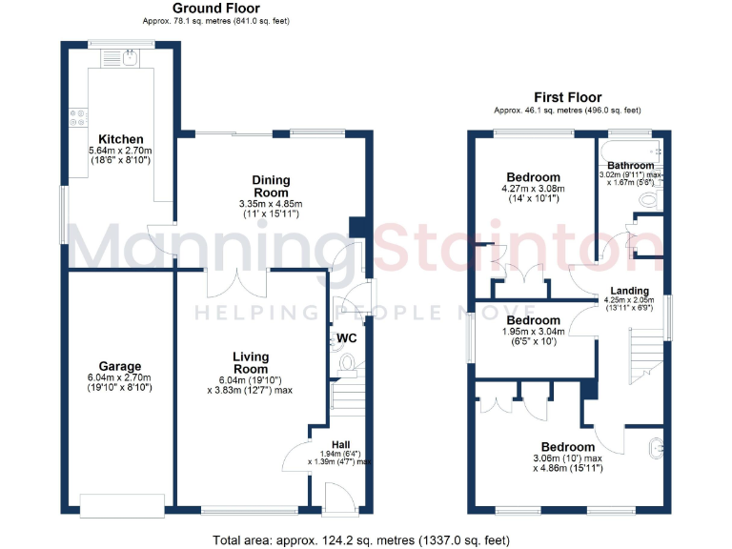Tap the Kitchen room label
(120, 139)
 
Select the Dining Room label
(271, 186)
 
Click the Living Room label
(251, 362)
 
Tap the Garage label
(120, 366)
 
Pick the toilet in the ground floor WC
(348, 362)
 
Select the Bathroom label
(631, 166)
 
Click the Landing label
(630, 291)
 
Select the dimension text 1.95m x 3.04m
(534, 332)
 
